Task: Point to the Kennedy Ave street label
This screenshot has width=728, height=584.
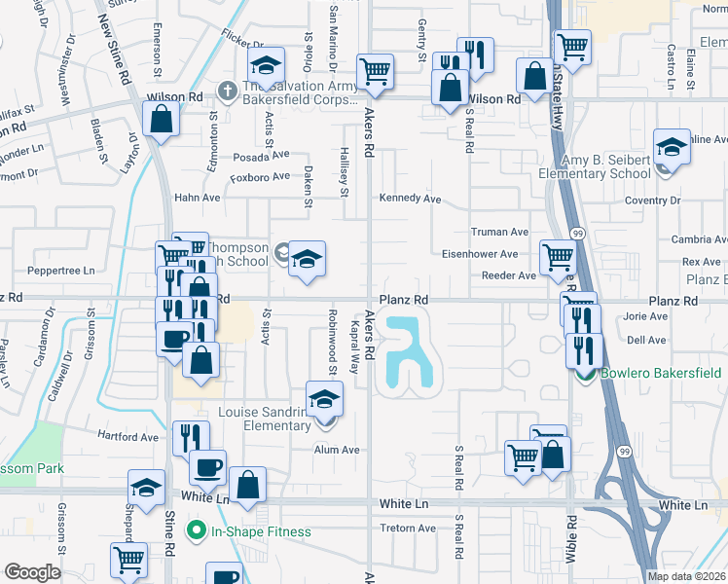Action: pyautogui.click(x=410, y=199)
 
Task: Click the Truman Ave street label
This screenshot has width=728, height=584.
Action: pyautogui.click(x=499, y=233)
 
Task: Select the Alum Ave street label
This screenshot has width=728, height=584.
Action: pyautogui.click(x=337, y=450)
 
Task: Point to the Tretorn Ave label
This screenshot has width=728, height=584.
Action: pyautogui.click(x=409, y=529)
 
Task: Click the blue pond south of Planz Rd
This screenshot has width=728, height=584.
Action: pyautogui.click(x=409, y=356)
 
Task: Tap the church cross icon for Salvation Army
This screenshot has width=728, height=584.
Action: pyautogui.click(x=227, y=91)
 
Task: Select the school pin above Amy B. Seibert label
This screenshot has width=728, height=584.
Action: pyautogui.click(x=671, y=147)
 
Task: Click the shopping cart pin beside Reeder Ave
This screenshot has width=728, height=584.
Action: pyautogui.click(x=557, y=257)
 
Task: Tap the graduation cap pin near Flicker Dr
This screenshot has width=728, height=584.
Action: pyautogui.click(x=264, y=65)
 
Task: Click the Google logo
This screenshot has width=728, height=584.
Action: pyautogui.click(x=32, y=572)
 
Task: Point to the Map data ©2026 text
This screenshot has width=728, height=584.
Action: pyautogui.click(x=685, y=576)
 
